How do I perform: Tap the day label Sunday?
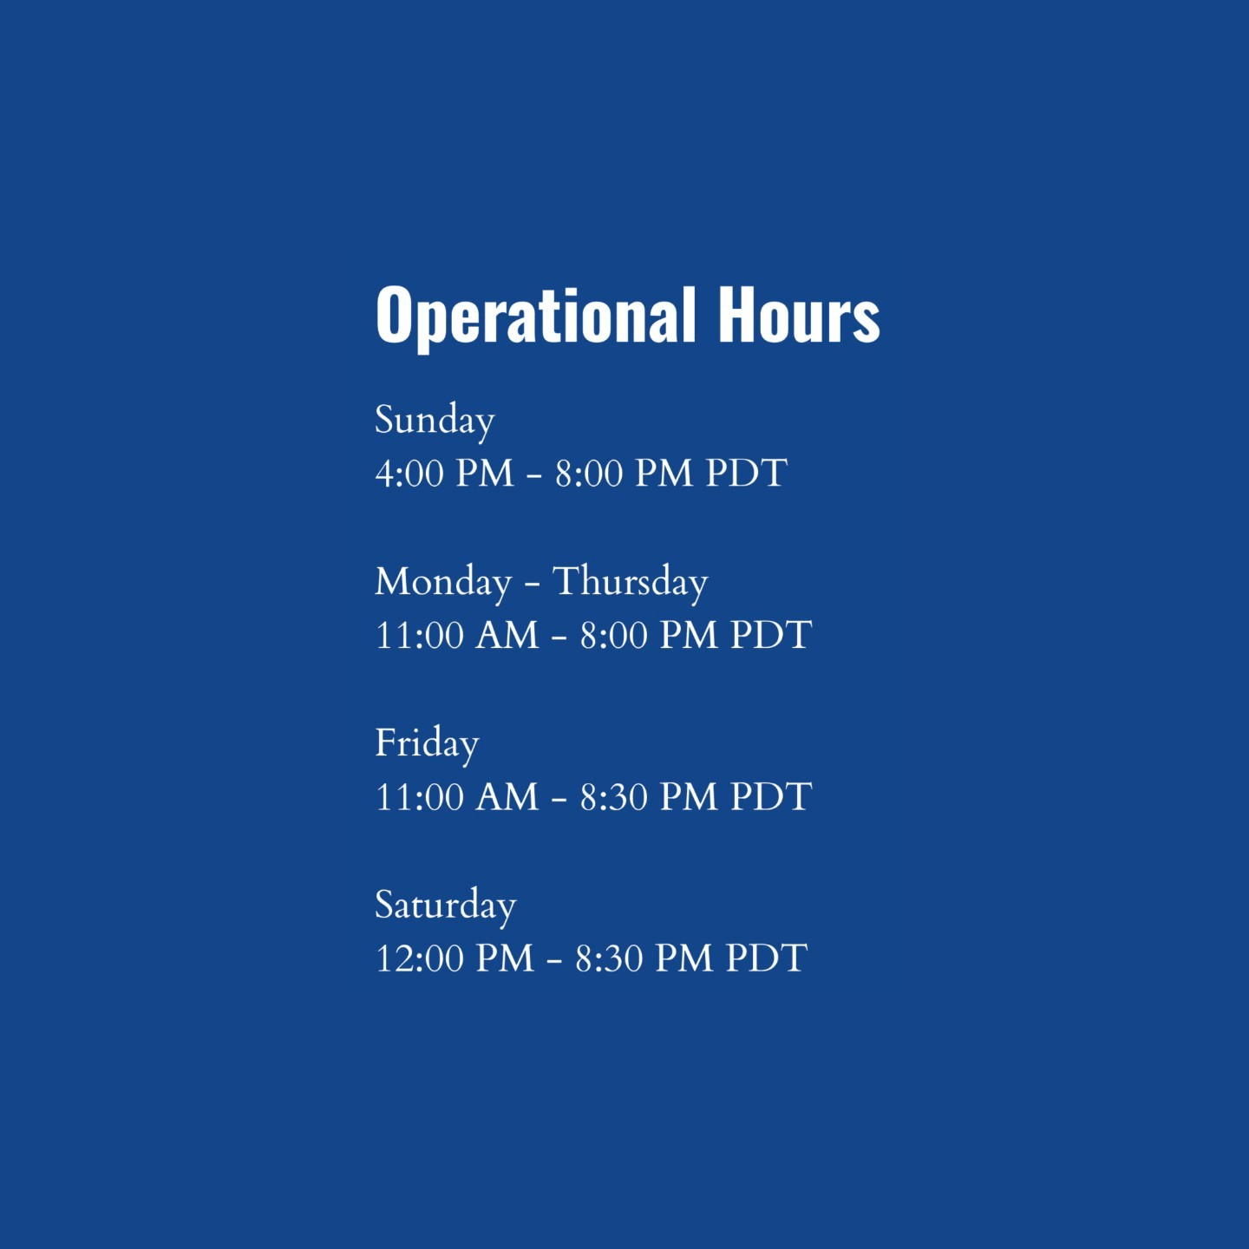coord(435,421)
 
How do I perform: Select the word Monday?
coord(443,582)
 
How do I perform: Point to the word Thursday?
coord(630,582)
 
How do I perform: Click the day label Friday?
coord(427,743)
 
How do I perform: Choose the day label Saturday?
coord(446,906)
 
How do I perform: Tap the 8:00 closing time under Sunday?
coord(589,474)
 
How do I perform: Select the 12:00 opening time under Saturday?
coord(419,958)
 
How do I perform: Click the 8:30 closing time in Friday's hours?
coord(614,796)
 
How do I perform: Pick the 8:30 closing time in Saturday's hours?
coord(609,958)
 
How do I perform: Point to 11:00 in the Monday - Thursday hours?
coord(419,635)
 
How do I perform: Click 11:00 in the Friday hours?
coord(419,796)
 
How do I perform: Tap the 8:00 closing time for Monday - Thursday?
coord(614,635)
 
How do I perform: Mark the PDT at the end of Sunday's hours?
coord(747,474)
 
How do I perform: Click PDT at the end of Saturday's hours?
coord(767,958)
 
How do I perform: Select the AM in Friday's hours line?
coord(507,796)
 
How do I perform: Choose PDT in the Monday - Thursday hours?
coord(771,635)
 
